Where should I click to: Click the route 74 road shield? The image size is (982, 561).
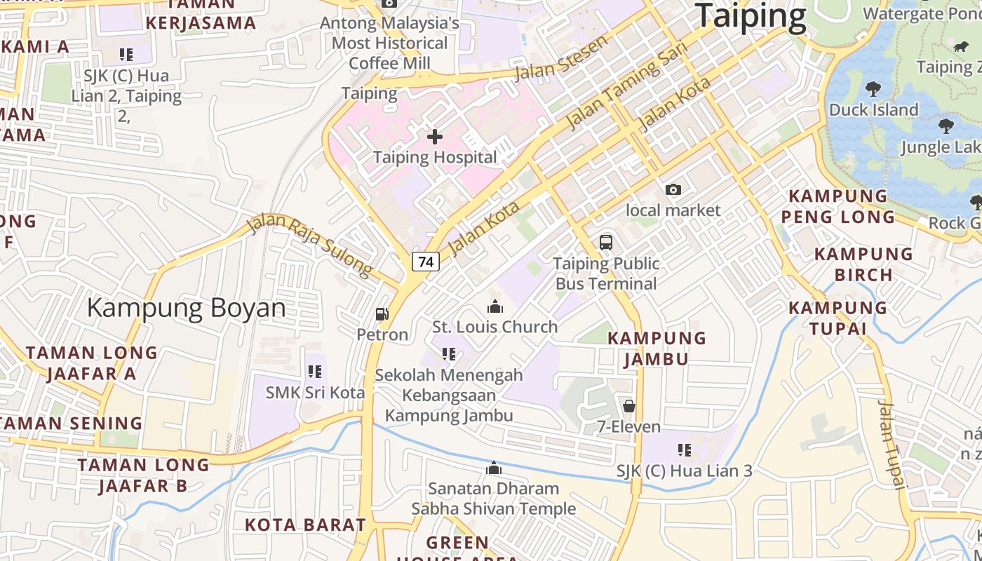425,262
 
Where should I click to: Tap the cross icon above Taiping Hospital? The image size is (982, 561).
435,136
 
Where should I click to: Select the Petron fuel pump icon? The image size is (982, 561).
382,314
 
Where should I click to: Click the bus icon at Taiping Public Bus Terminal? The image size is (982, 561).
606,243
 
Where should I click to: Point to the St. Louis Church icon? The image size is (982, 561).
495,306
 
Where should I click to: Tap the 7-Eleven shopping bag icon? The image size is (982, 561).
628,406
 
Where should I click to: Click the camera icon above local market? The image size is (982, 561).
673,189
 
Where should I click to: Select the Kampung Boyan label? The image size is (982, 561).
186,308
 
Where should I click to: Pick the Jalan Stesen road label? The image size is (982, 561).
561,58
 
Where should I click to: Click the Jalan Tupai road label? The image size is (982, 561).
892,445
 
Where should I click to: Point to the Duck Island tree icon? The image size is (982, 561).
873,89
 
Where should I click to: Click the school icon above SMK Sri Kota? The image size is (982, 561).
315,372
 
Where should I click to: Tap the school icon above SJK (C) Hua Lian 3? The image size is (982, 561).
685,450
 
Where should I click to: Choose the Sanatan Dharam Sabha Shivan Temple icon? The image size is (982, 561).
494,468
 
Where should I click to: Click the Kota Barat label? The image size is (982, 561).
305,525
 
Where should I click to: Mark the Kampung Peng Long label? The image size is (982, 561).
838,206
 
